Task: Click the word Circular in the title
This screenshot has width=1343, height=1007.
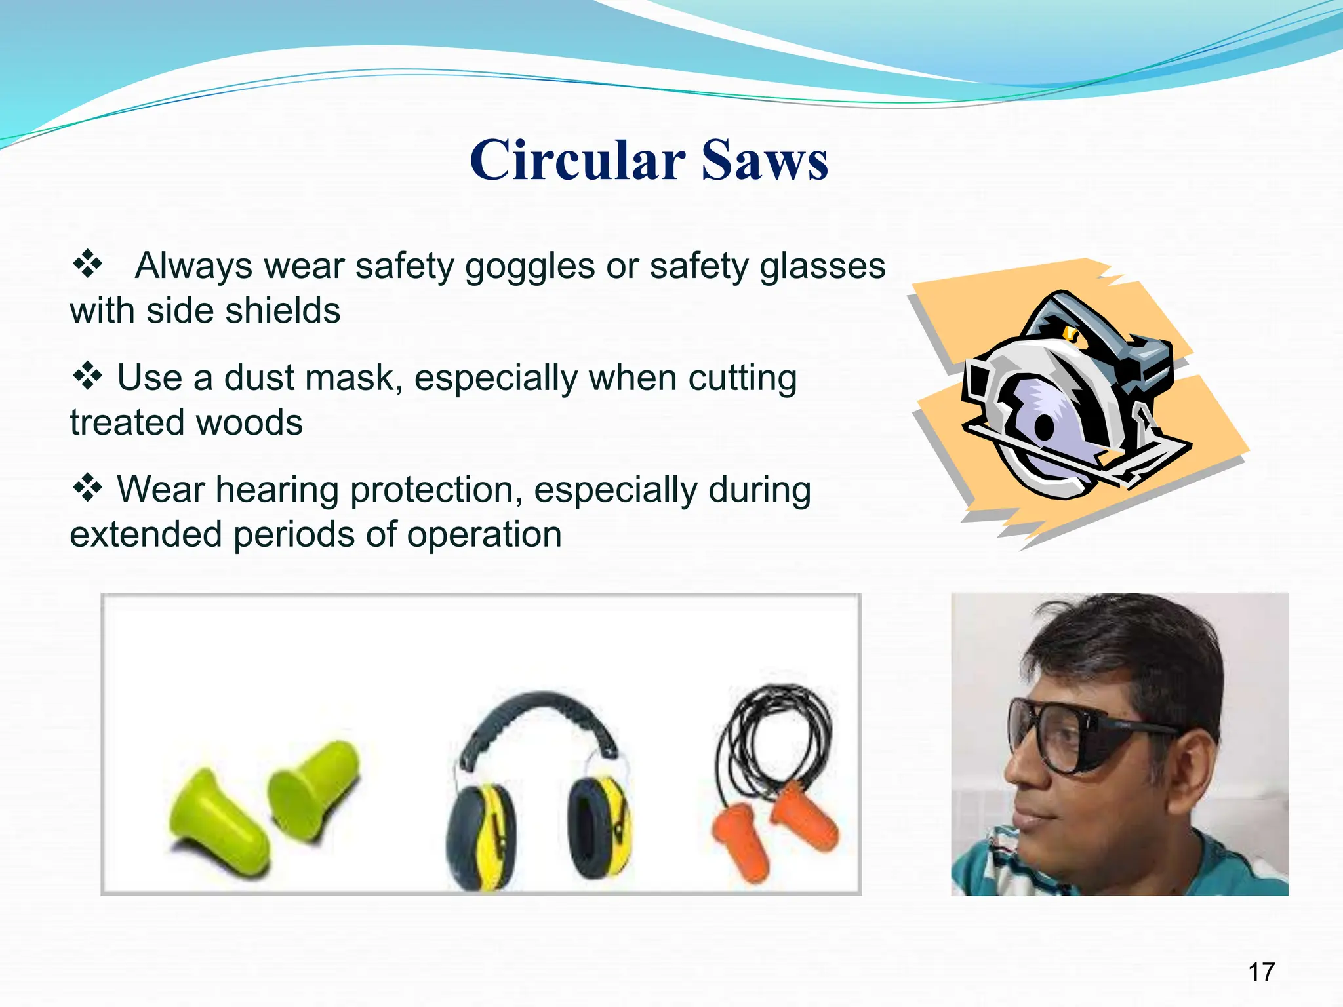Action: tap(577, 161)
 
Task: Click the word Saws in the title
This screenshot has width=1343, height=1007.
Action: tap(765, 161)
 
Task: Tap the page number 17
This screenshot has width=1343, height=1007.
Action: tap(1261, 972)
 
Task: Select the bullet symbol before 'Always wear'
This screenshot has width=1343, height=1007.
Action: tap(87, 265)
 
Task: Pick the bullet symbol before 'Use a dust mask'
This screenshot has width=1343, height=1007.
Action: tap(87, 377)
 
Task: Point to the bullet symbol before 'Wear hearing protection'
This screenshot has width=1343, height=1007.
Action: tap(87, 488)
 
